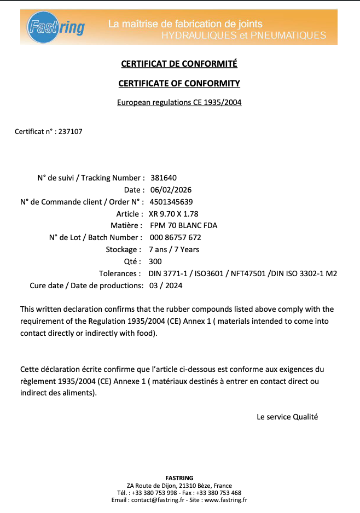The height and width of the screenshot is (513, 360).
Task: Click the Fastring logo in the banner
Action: click(56, 27)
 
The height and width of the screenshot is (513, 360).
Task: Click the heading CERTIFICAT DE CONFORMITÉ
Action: click(179, 64)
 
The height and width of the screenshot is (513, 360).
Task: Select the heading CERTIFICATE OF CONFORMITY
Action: click(179, 84)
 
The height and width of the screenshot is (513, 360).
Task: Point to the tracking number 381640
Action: click(163, 178)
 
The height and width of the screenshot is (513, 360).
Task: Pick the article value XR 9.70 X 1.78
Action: click(173, 214)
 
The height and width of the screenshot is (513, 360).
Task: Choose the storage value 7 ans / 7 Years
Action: click(174, 249)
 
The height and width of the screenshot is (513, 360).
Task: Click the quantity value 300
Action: click(155, 261)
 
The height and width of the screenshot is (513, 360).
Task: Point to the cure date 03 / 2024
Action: click(166, 285)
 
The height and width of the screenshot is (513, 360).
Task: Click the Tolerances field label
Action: click(118, 273)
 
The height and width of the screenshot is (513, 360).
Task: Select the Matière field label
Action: click(125, 225)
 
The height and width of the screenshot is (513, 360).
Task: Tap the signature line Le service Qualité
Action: click(287, 417)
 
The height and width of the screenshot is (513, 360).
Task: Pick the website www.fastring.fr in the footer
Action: click(226, 500)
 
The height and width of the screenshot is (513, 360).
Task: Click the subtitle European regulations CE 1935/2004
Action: click(179, 102)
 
